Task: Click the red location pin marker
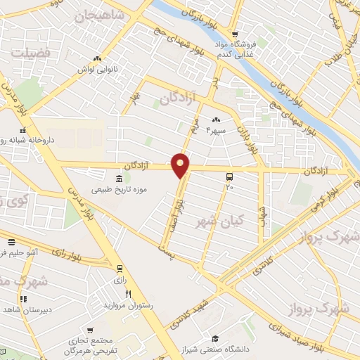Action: tap(181, 165)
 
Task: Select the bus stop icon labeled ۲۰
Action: tap(229, 176)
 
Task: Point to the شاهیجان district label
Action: tap(103, 14)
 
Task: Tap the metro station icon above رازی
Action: tap(120, 268)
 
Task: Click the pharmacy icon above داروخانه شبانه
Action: tap(23, 130)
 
